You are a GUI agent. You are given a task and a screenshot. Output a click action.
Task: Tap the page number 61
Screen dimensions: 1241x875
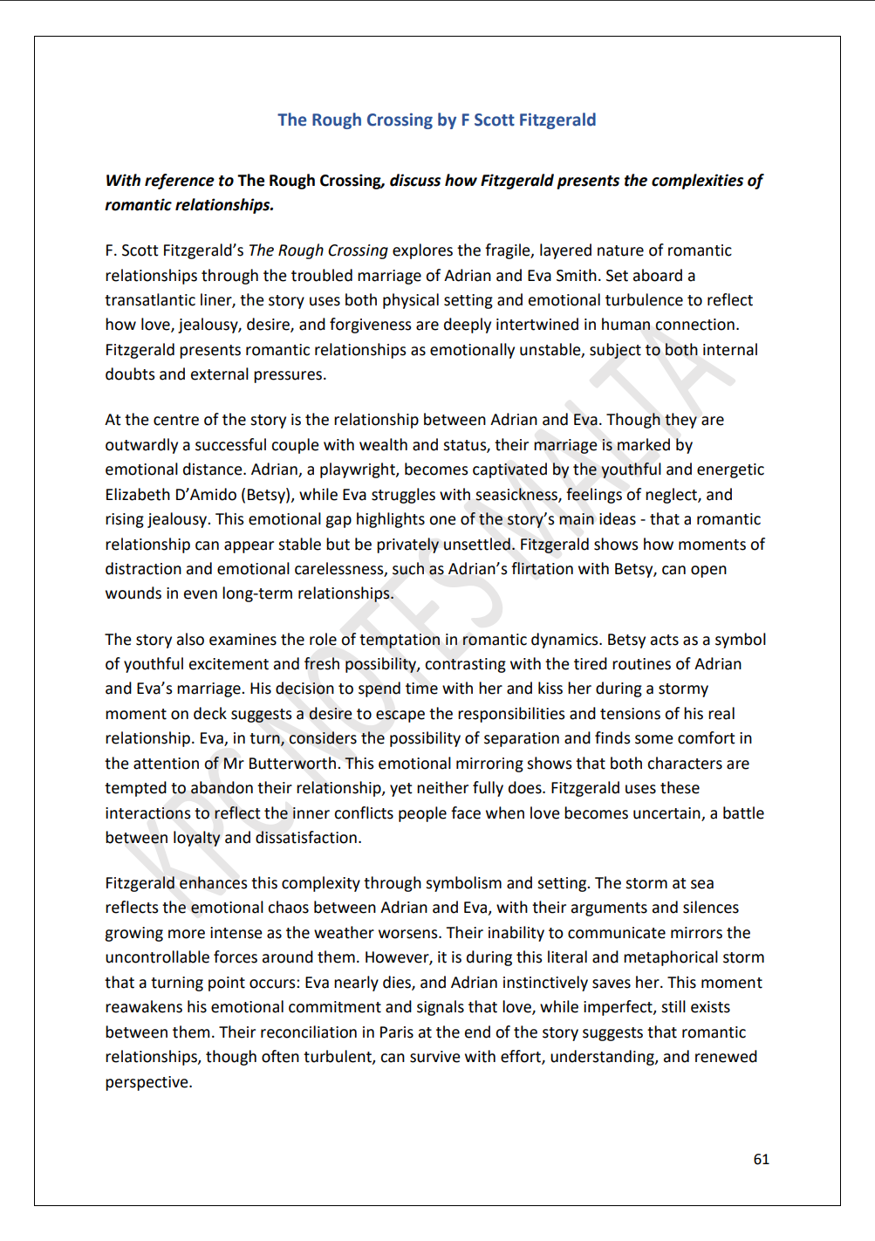point(761,1159)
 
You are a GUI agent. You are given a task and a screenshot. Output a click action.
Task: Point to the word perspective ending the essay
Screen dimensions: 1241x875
point(147,1082)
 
